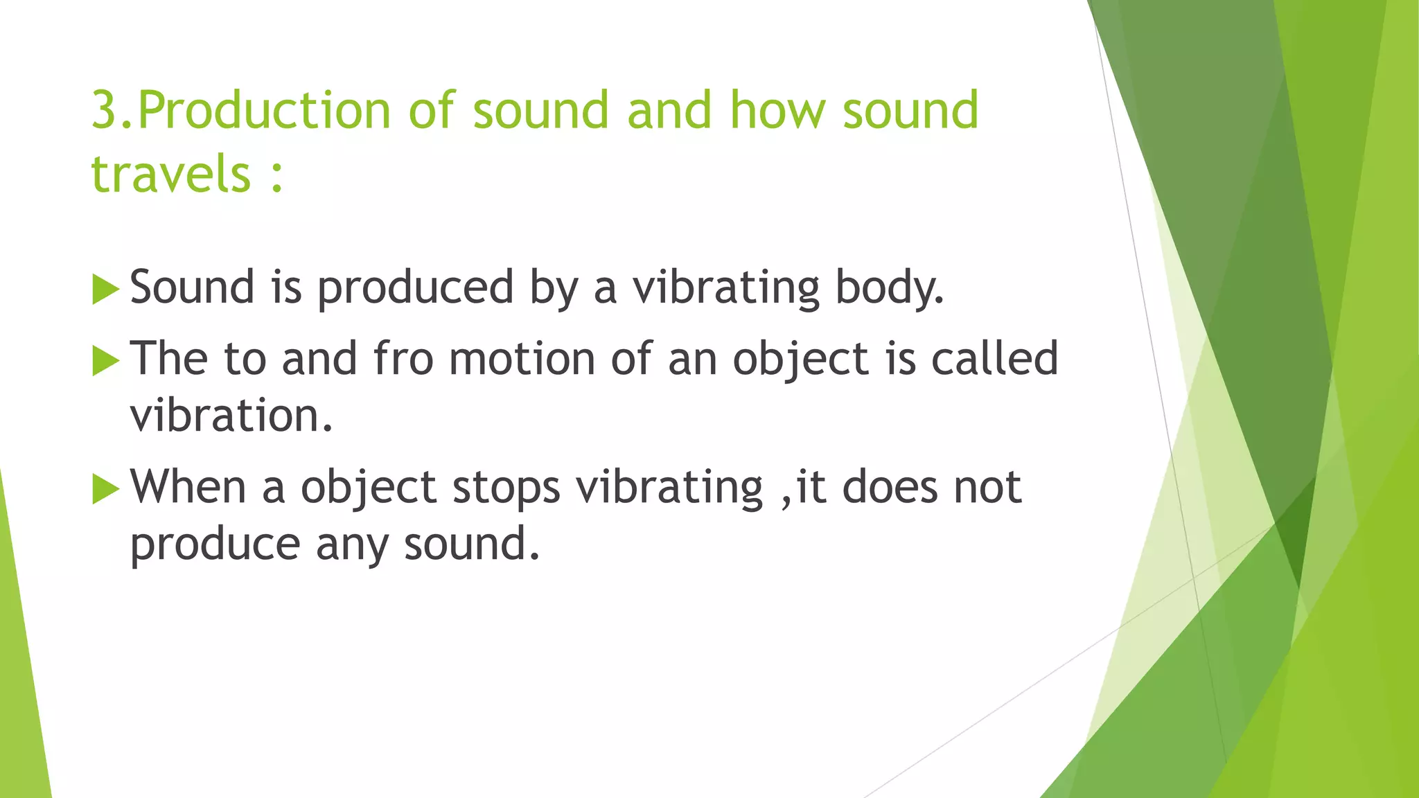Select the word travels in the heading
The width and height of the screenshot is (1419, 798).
point(170,174)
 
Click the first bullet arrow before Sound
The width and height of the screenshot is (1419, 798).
point(105,289)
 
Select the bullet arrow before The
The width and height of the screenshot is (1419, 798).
point(105,361)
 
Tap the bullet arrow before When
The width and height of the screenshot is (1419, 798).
point(105,489)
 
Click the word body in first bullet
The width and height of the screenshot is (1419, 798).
point(888,287)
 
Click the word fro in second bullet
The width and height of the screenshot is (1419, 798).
point(403,359)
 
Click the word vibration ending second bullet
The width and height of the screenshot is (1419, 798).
point(231,416)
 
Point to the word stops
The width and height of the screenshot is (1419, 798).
point(506,488)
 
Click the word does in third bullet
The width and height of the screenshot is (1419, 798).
point(890,486)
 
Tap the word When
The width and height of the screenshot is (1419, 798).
point(188,486)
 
